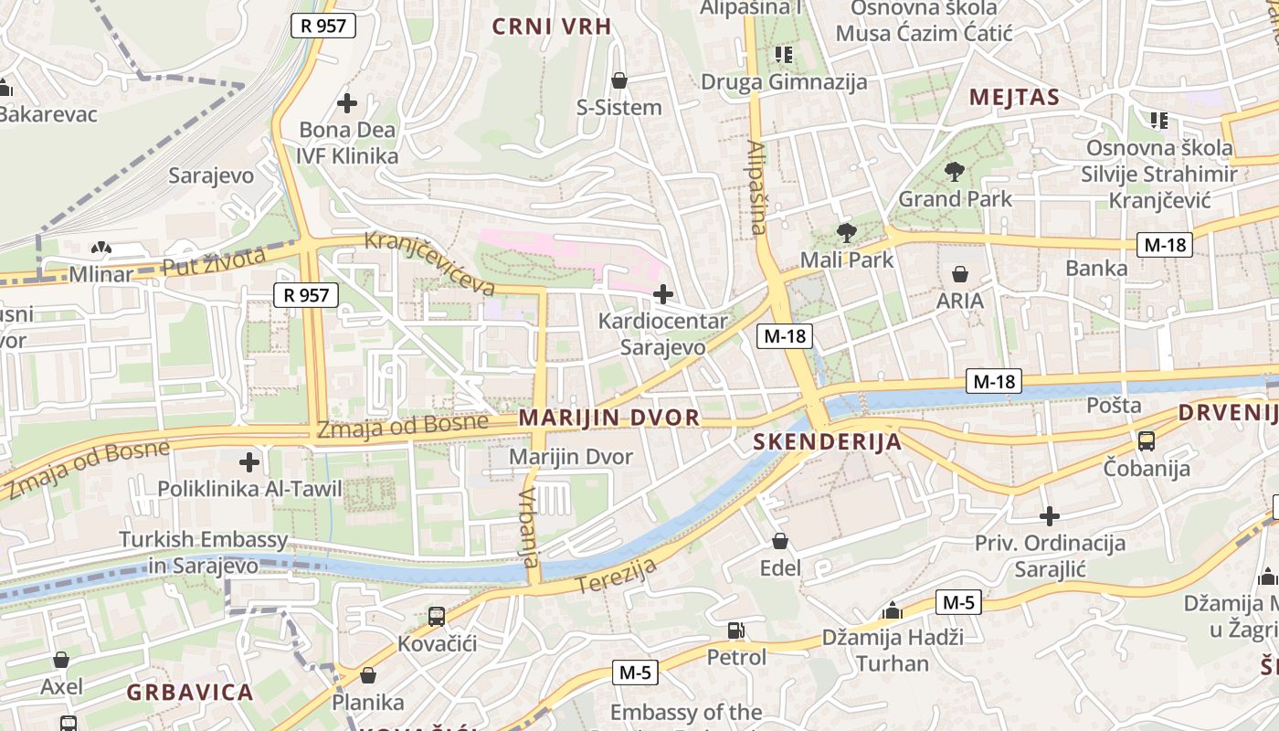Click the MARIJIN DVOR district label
(x=609, y=418)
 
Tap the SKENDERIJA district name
(x=827, y=442)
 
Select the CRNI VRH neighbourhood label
(x=552, y=26)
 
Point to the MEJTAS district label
(x=1014, y=98)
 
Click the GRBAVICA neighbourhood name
(x=190, y=692)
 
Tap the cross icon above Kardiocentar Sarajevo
(x=663, y=294)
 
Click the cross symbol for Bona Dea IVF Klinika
(x=347, y=103)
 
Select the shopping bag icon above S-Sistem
(x=619, y=80)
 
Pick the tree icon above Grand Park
(x=955, y=171)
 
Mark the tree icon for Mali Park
(x=847, y=232)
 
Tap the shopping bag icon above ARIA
(x=960, y=273)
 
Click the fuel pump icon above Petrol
(x=735, y=630)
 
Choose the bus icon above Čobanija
(x=1146, y=441)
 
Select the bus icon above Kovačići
(x=437, y=617)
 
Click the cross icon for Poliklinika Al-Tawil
(x=248, y=461)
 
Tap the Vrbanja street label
(x=529, y=527)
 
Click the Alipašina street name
(x=756, y=187)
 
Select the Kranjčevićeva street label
(x=429, y=263)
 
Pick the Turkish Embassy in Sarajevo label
(x=203, y=552)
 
